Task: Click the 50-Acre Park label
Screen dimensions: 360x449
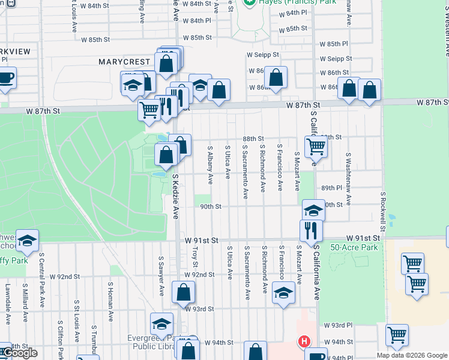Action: (353, 247)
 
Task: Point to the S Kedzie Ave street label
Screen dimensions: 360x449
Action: (176, 197)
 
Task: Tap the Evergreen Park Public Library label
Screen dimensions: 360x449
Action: (151, 342)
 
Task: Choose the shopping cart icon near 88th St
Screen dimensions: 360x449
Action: (315, 145)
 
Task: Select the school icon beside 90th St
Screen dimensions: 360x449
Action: (313, 209)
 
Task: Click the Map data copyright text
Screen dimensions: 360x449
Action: (412, 355)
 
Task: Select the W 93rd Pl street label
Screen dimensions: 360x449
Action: (338, 325)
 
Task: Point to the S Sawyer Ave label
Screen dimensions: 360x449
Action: (161, 277)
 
